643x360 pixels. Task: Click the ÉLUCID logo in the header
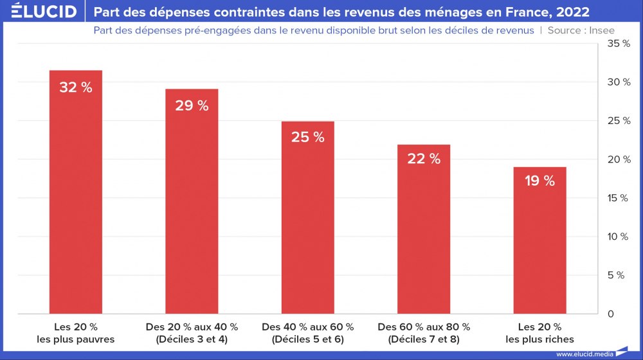(40, 12)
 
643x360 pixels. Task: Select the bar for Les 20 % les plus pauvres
(76, 193)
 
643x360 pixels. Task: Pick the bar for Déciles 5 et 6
(307, 219)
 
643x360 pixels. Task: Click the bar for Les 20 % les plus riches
(539, 241)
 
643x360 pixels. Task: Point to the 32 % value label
(76, 87)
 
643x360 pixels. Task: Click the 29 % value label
(192, 106)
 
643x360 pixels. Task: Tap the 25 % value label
(307, 137)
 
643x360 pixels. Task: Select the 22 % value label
(423, 159)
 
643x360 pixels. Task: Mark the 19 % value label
(539, 181)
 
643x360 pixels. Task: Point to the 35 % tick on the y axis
(619, 44)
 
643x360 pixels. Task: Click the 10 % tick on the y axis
(619, 237)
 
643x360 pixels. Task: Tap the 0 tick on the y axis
(611, 314)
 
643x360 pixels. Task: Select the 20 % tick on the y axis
(619, 159)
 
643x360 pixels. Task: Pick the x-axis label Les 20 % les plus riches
(539, 333)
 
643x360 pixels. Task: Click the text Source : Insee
(581, 30)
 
